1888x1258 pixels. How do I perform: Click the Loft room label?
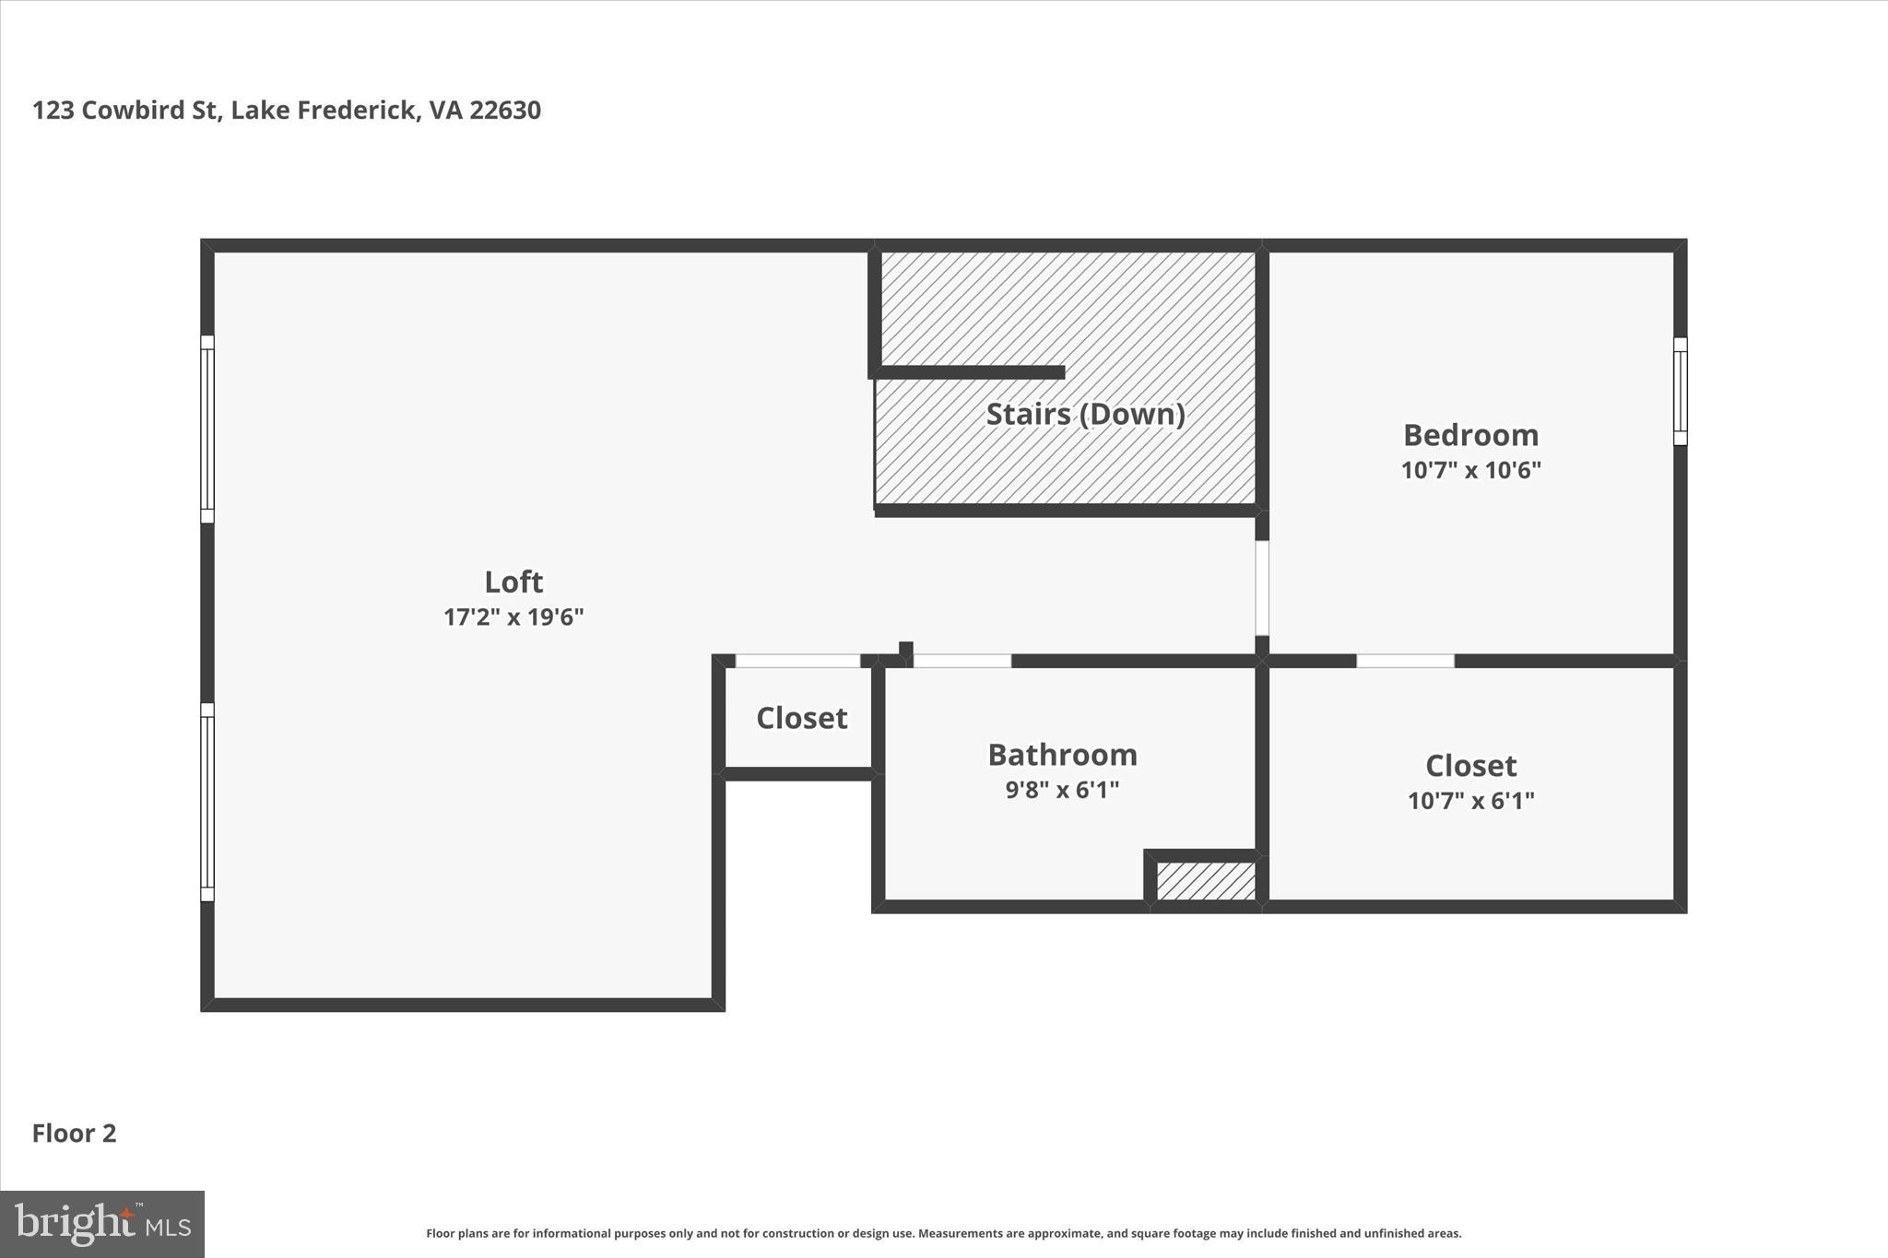pos(513,582)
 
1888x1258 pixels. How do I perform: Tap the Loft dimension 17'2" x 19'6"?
pos(513,617)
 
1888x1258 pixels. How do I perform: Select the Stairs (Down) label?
pos(1085,414)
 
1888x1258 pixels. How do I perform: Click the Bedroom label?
pos(1470,435)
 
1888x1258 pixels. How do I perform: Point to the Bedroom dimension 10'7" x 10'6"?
pos(1470,470)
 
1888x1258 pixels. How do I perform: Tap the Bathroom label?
pos(1062,755)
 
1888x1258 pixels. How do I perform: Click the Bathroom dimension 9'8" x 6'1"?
pos(1062,790)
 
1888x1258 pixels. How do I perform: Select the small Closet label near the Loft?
pos(801,718)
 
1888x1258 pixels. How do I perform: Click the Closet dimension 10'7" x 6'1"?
pos(1470,800)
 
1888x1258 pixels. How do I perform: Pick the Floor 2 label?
pos(74,1133)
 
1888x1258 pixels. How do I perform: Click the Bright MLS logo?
pos(102,1224)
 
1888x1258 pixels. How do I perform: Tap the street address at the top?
pos(287,111)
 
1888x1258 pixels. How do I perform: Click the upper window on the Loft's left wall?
pos(207,429)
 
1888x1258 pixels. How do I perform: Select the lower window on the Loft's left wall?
pos(207,802)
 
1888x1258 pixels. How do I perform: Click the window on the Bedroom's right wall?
pos(1680,391)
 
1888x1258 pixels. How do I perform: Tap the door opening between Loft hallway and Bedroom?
pos(1262,588)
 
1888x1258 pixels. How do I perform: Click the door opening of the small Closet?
pos(797,661)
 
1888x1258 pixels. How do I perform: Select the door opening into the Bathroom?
pos(962,661)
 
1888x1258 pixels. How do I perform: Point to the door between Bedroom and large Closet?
pos(1405,661)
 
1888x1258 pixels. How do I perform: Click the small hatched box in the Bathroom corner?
pos(1206,881)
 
